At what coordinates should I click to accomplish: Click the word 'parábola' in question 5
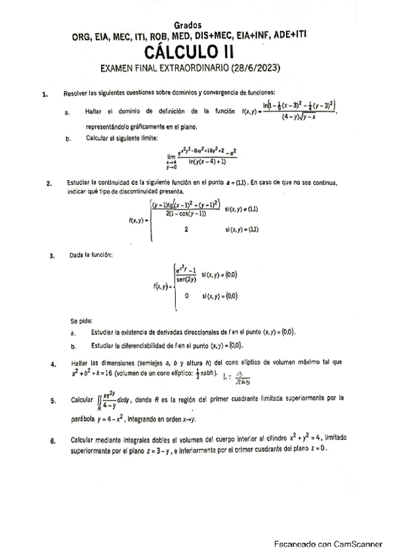(x=84, y=418)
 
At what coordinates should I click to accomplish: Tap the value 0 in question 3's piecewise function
(x=187, y=296)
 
